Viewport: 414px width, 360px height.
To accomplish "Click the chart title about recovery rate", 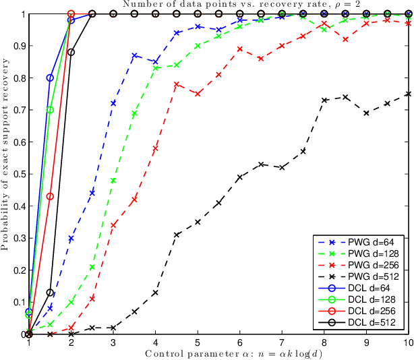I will [x=220, y=5].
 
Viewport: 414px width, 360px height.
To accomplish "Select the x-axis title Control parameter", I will [x=219, y=354].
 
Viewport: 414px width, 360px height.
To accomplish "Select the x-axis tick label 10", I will [x=407, y=342].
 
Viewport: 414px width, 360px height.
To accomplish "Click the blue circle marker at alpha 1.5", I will [x=50, y=78].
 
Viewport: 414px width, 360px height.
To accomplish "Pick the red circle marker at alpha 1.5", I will [x=50, y=196].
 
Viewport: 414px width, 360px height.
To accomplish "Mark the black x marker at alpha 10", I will [x=407, y=94].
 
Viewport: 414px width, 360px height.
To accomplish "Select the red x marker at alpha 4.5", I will [x=176, y=84].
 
